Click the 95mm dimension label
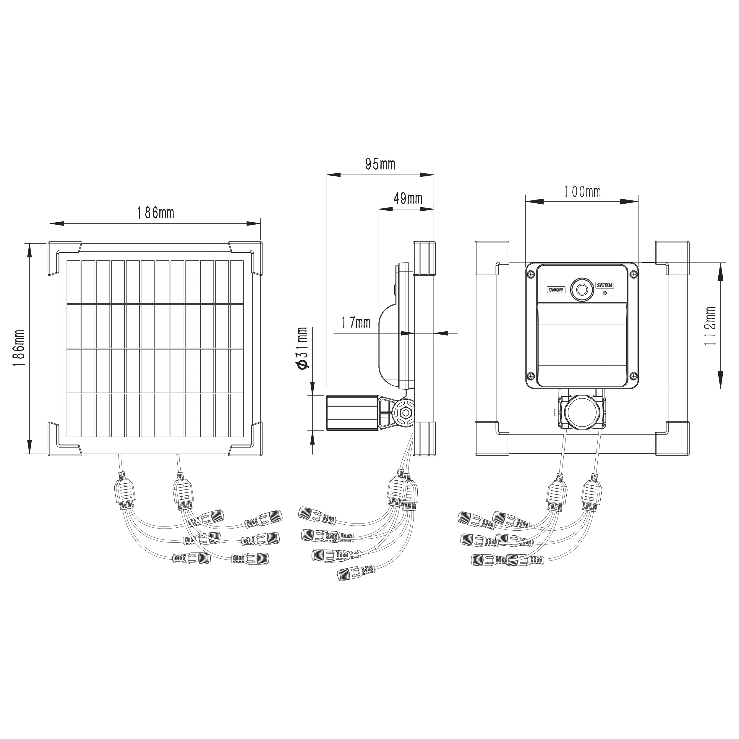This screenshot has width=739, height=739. tap(380, 164)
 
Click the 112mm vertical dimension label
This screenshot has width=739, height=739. tap(711, 325)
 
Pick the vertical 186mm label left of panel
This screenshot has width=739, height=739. tap(18, 349)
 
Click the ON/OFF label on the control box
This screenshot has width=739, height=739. tap(556, 290)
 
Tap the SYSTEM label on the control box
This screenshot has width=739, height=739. tap(605, 285)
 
